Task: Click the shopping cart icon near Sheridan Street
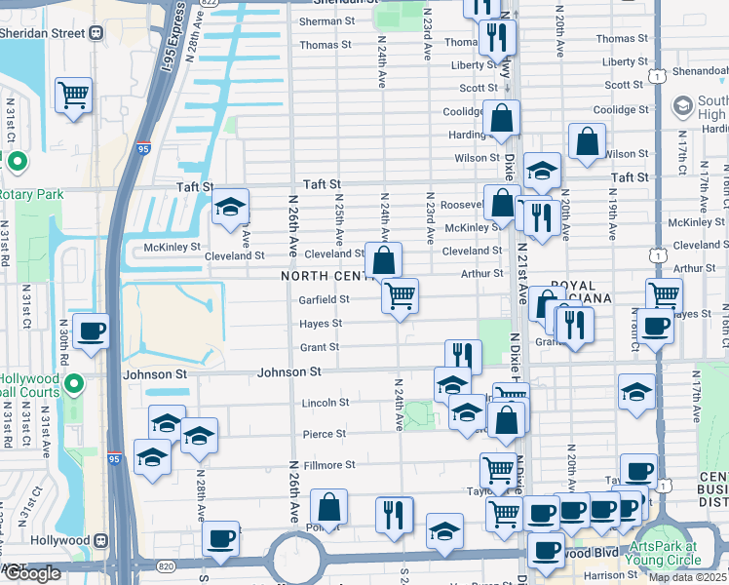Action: [x=73, y=95]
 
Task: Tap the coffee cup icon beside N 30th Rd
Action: [x=92, y=331]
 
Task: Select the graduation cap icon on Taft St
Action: [x=230, y=207]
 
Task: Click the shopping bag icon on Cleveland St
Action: [x=384, y=260]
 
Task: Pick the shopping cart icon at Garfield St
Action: [x=400, y=295]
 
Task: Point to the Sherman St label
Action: [x=327, y=20]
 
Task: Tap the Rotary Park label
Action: [x=31, y=194]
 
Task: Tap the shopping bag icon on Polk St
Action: [x=329, y=507]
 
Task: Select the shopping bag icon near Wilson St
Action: [x=588, y=142]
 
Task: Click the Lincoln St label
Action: [x=325, y=402]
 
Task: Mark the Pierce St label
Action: [x=326, y=434]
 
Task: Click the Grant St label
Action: [x=320, y=347]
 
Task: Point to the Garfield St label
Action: [x=325, y=299]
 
